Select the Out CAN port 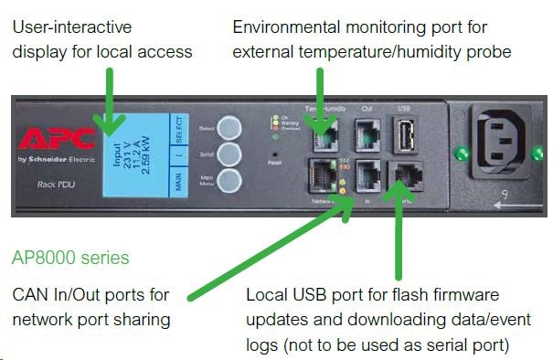pos(367,137)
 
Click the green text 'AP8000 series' pos(70,258)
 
